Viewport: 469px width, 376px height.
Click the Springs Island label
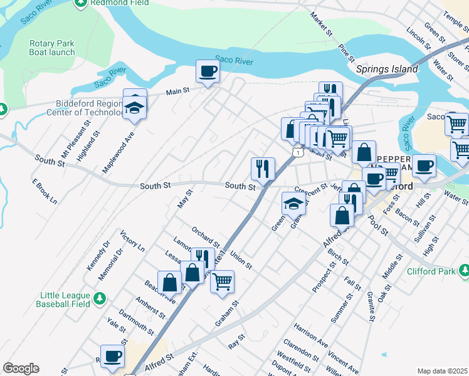(x=387, y=69)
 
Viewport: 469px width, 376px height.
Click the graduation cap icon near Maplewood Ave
(x=134, y=107)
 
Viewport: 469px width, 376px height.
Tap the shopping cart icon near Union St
(x=222, y=281)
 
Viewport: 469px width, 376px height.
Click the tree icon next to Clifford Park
(x=464, y=271)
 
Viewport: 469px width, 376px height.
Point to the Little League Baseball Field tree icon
(x=100, y=296)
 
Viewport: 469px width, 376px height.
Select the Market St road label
(x=320, y=23)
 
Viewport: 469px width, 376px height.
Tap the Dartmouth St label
(x=135, y=319)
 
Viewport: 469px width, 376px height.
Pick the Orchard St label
(x=206, y=236)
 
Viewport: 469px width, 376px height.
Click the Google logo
(x=21, y=368)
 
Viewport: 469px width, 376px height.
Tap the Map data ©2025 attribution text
(x=442, y=371)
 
